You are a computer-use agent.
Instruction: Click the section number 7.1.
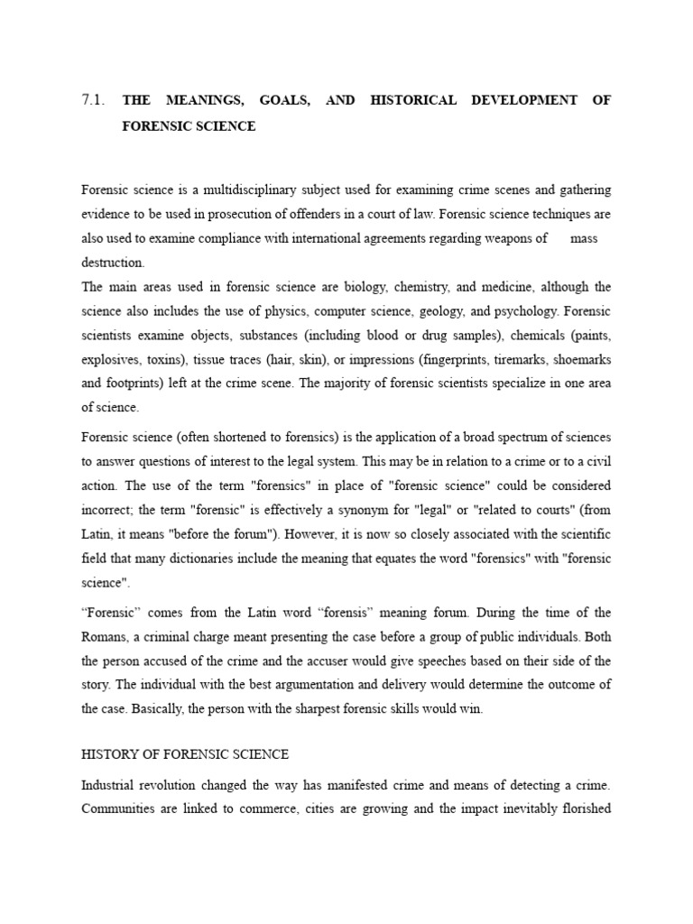coord(94,100)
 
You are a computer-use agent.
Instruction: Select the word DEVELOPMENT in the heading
coord(524,100)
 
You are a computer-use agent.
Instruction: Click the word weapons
coord(519,238)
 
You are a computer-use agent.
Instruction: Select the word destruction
coord(112,263)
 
